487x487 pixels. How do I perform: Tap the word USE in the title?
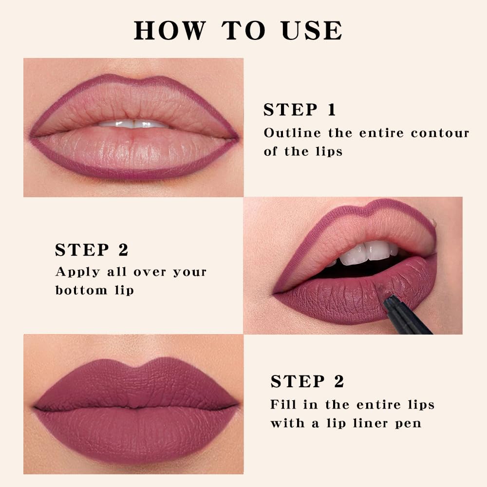pyautogui.click(x=312, y=31)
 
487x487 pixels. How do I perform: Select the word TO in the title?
pyautogui.click(x=244, y=31)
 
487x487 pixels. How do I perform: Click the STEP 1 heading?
pyautogui.click(x=300, y=110)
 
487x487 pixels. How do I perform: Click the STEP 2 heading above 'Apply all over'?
pyautogui.click(x=92, y=250)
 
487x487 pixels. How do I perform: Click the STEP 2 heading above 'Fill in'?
pyautogui.click(x=307, y=381)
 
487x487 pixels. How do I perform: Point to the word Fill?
pyautogui.click(x=281, y=405)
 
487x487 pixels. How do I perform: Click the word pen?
pyautogui.click(x=409, y=423)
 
